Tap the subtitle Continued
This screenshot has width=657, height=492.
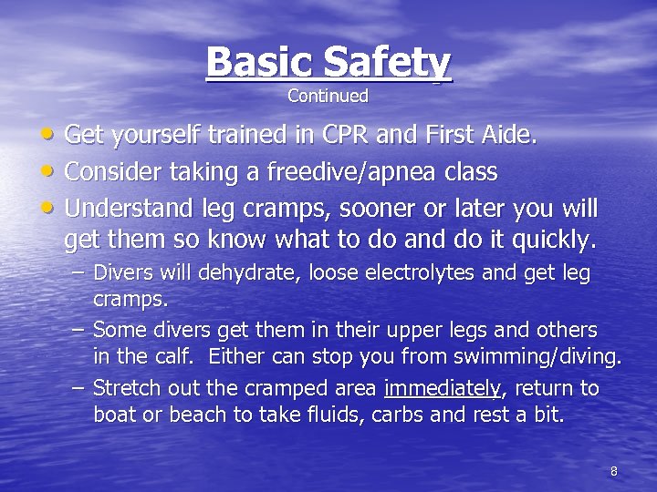tap(328, 96)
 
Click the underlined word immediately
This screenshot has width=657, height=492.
tap(443, 389)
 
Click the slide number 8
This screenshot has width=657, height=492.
tap(613, 472)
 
